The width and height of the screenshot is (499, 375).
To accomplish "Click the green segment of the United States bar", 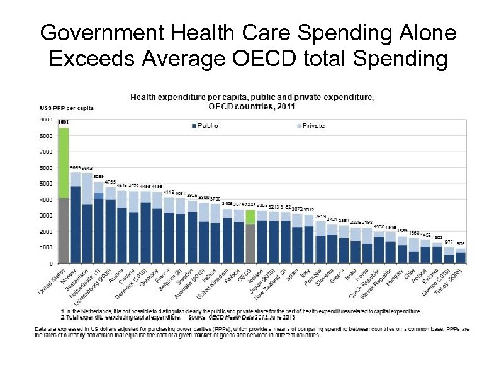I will point(63,163).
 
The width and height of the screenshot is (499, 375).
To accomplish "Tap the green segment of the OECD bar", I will point(250,217).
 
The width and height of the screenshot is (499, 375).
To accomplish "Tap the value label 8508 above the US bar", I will point(63,123).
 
